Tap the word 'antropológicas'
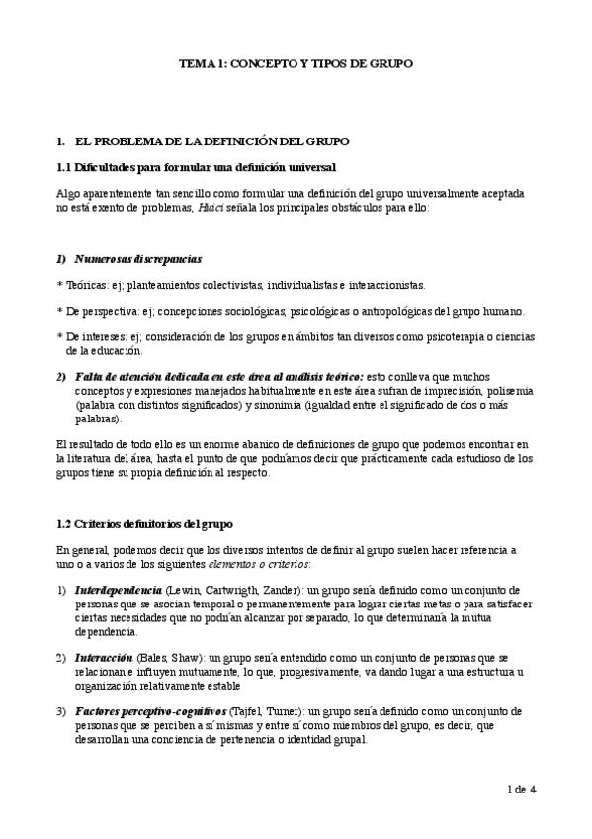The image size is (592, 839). coord(433,311)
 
